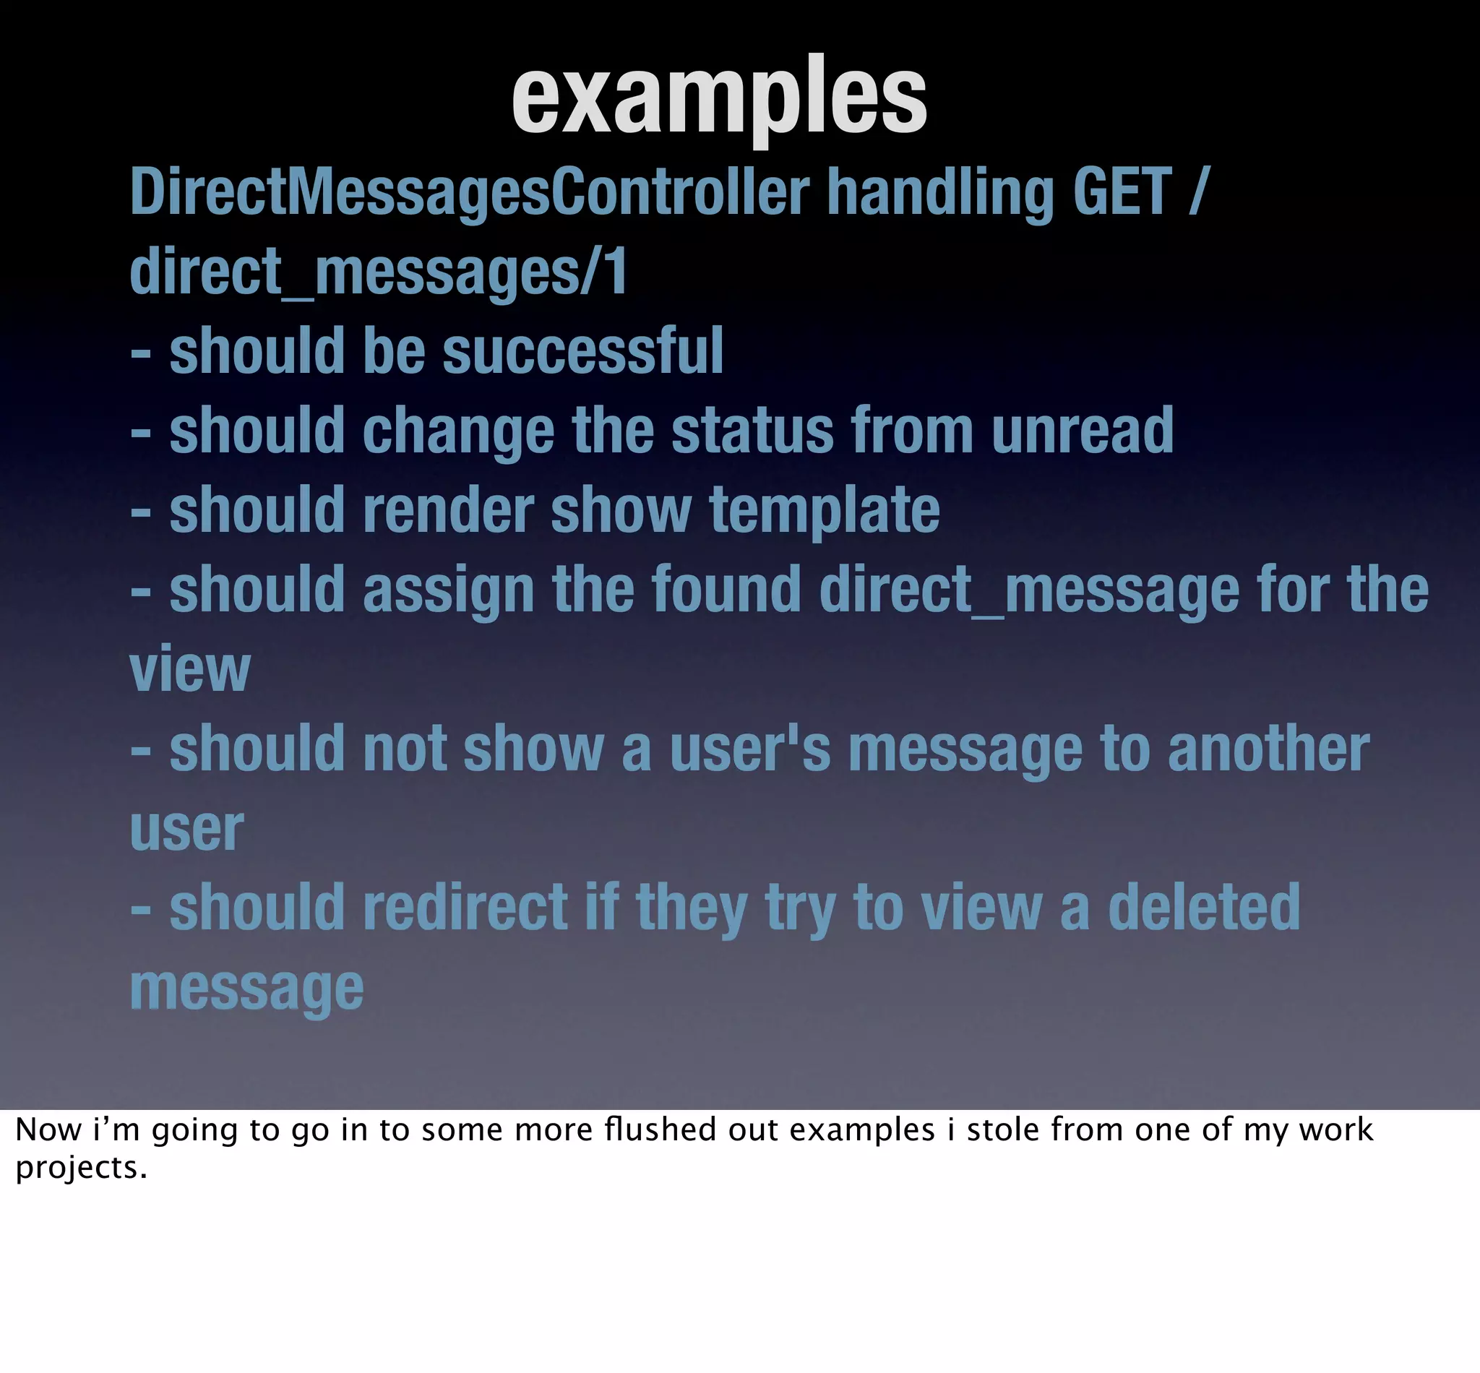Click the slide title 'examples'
719,98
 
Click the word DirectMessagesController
470,192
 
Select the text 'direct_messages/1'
379,272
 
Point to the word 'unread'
1083,430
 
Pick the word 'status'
752,430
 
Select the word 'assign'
449,591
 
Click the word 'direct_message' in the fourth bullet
1029,590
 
